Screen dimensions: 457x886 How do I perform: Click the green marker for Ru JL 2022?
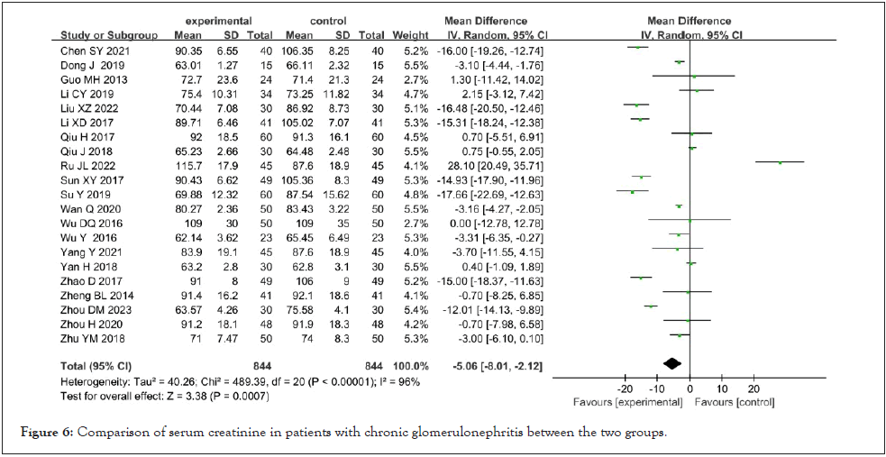pos(780,162)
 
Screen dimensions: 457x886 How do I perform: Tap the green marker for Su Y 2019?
pos(633,191)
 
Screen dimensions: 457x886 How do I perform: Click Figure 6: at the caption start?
pos(47,433)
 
